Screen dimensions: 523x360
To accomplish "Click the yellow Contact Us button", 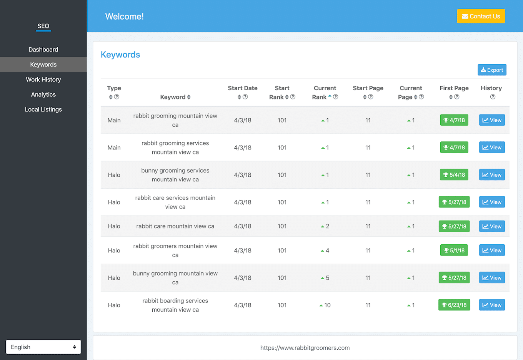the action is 481,16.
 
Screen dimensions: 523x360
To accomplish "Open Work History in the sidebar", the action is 43,80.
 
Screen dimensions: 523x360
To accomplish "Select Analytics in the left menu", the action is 43,95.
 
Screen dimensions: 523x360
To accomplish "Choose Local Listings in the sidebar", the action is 43,109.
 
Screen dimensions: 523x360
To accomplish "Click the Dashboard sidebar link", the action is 43,50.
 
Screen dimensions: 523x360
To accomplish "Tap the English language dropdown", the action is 43,347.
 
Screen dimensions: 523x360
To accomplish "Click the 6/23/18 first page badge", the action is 454,305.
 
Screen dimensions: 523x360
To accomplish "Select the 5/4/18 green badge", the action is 454,175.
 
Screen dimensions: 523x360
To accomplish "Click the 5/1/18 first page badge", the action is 454,251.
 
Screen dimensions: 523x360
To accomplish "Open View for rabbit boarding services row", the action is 492,305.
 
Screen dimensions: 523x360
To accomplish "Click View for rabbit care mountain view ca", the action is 492,226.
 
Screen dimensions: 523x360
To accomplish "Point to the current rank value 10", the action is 327,305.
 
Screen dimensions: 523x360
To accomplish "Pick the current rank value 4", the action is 328,251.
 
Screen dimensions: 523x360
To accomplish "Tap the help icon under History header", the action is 493,97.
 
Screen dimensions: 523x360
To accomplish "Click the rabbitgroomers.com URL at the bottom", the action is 305,348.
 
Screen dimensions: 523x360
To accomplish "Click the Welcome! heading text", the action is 125,17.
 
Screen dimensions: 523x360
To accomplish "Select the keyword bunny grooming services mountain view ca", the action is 175,175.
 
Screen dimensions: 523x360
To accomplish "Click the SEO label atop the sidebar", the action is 43,26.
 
